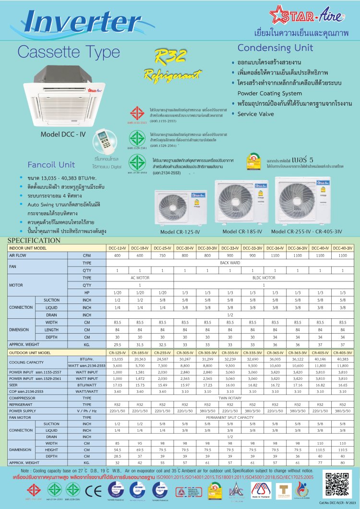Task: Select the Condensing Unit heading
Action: [275, 48]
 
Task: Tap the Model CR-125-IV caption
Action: [180, 232]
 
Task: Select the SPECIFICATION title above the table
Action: [34, 241]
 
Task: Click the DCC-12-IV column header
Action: [117, 248]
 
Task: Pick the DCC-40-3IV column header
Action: [343, 248]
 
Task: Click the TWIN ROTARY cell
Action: [230, 398]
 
